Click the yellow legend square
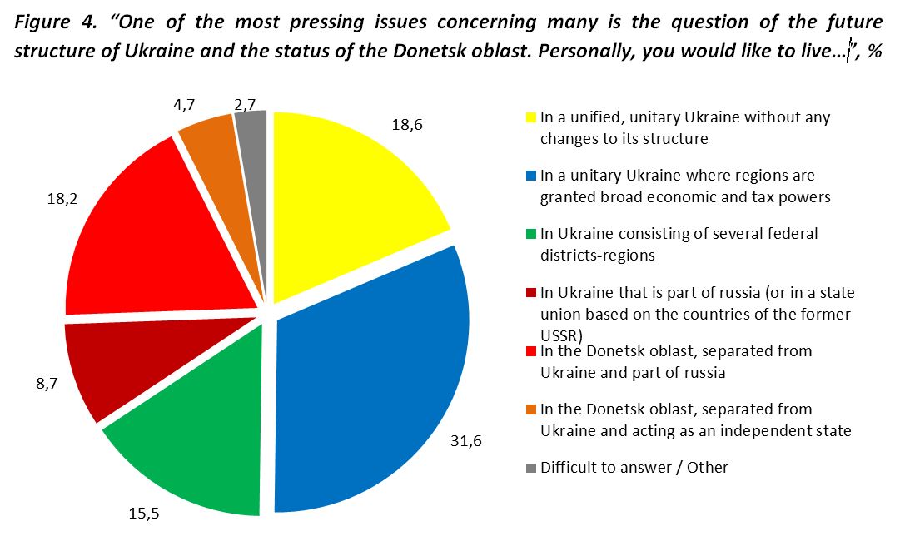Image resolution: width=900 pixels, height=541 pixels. click(x=530, y=118)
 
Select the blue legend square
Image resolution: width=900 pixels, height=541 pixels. click(x=530, y=176)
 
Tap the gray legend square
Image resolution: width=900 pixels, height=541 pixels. click(x=530, y=468)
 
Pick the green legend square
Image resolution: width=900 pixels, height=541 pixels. click(x=530, y=235)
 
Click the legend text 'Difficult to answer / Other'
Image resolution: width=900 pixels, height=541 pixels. click(x=634, y=468)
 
